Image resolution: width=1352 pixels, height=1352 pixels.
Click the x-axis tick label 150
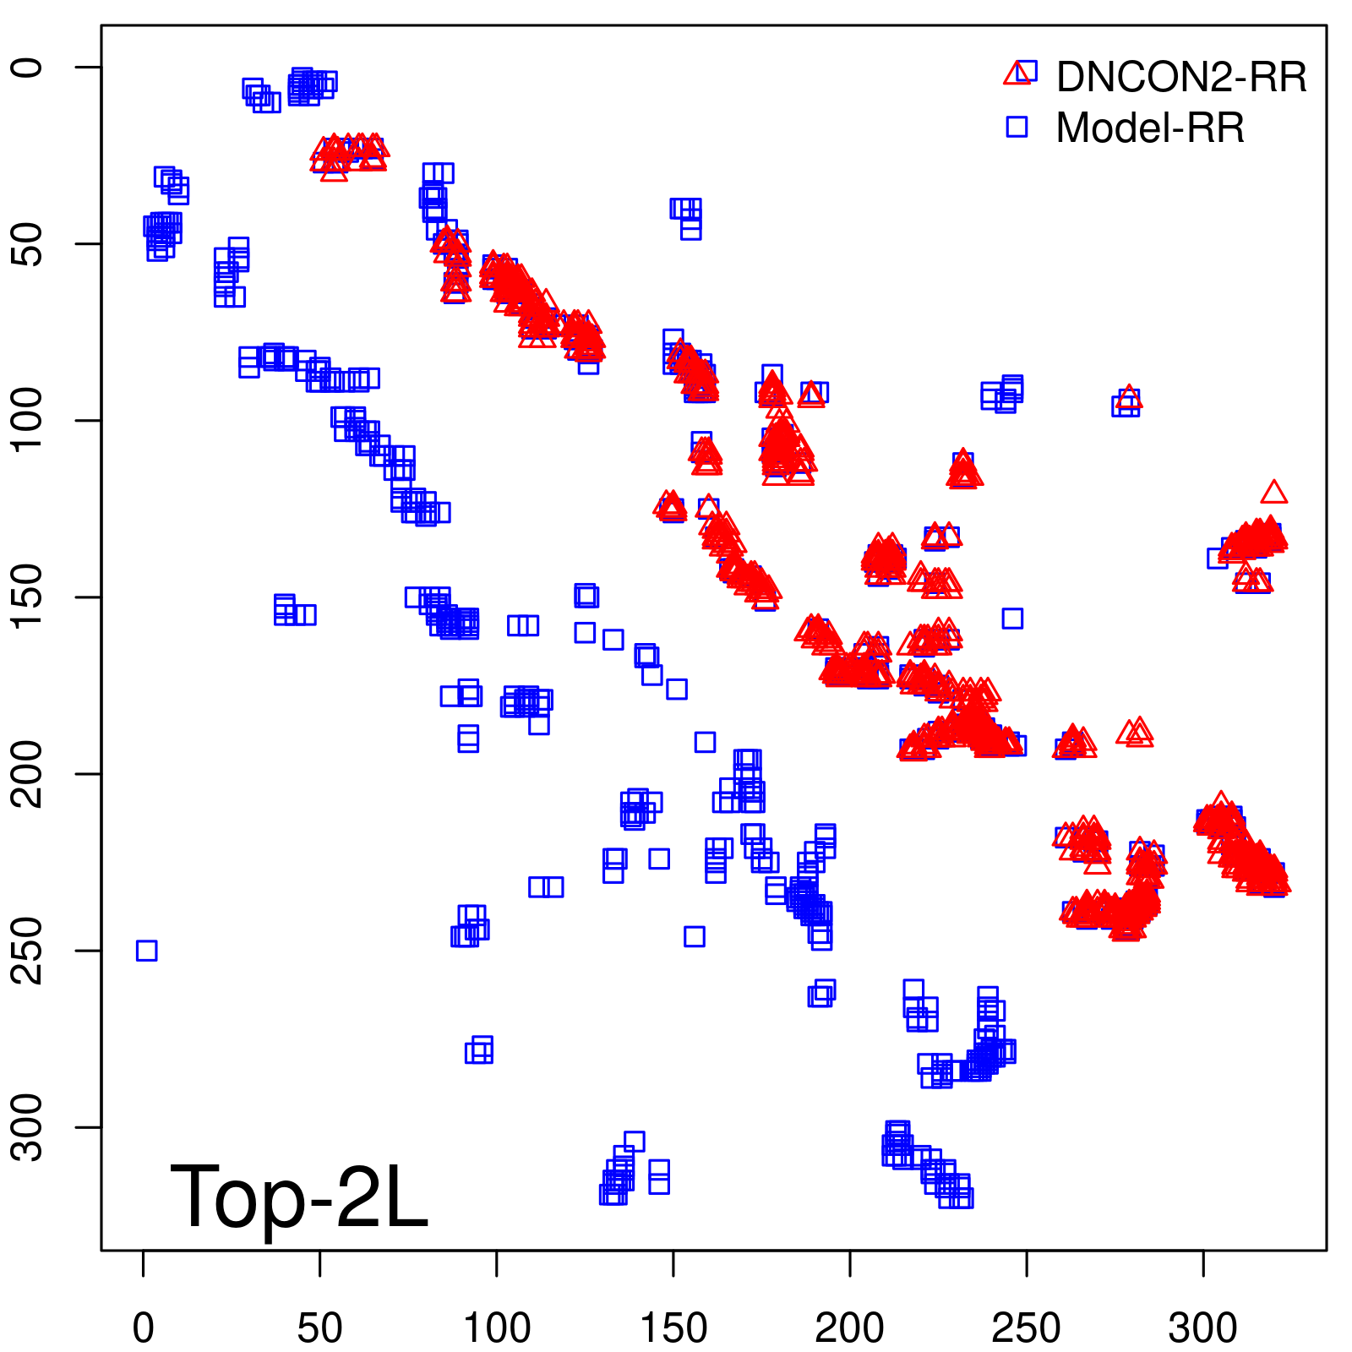pyautogui.click(x=673, y=1328)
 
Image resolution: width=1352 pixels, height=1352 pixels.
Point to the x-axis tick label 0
pyautogui.click(x=144, y=1328)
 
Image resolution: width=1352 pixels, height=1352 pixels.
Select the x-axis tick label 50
pyautogui.click(x=319, y=1328)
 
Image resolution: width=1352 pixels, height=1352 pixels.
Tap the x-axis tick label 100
pyautogui.click(x=497, y=1328)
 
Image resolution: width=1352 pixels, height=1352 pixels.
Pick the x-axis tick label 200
pyautogui.click(x=850, y=1328)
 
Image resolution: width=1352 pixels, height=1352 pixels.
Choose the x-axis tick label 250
pyautogui.click(x=1026, y=1328)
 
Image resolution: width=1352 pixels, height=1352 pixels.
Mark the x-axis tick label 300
pyautogui.click(x=1203, y=1328)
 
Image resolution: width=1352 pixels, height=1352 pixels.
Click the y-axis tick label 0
pyautogui.click(x=27, y=68)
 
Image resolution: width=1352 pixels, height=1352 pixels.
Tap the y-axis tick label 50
pyautogui.click(x=27, y=244)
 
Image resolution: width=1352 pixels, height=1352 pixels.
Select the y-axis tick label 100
pyautogui.click(x=27, y=420)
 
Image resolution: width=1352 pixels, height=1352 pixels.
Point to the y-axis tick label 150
pyautogui.click(x=27, y=597)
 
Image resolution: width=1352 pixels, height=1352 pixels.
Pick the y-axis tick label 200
pyautogui.click(x=27, y=773)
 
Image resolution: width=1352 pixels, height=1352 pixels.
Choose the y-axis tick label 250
pyautogui.click(x=27, y=950)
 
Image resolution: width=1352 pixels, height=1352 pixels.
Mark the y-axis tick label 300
pyautogui.click(x=27, y=1126)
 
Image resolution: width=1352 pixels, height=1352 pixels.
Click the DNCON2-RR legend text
pyautogui.click(x=1180, y=77)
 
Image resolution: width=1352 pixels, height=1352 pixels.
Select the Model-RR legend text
pyautogui.click(x=1150, y=128)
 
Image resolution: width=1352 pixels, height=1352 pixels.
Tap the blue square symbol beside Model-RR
pyautogui.click(x=1017, y=127)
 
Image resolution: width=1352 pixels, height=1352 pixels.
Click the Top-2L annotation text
pyautogui.click(x=299, y=1197)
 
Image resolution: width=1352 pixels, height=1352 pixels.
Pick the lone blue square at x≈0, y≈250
pyautogui.click(x=146, y=951)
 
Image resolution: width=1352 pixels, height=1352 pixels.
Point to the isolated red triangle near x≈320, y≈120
pyautogui.click(x=1273, y=493)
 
